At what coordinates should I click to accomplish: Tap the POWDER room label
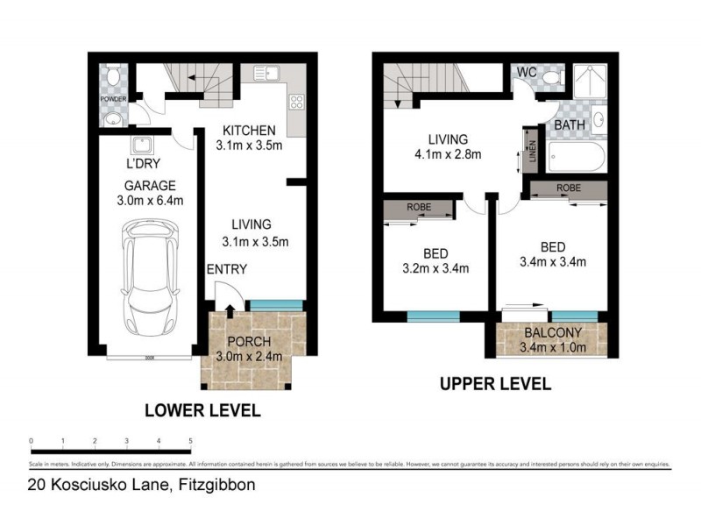(x=112, y=99)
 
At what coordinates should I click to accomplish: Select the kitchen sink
(x=266, y=73)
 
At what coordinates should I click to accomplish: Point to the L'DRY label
(x=143, y=164)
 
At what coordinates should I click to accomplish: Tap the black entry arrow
(x=230, y=309)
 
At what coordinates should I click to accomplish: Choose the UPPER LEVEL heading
(x=495, y=383)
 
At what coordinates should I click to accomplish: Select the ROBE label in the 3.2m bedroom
(x=419, y=209)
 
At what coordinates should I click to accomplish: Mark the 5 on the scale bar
(x=191, y=441)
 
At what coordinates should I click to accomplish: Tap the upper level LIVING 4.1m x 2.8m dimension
(x=448, y=156)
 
